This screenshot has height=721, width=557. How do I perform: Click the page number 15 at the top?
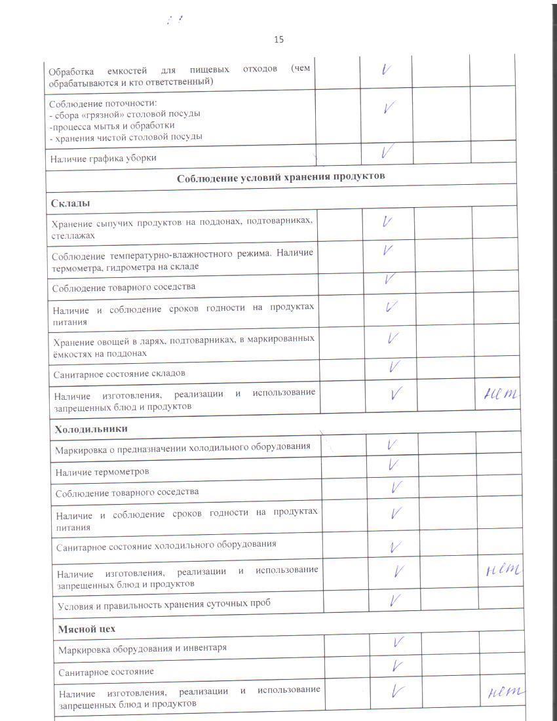point(278,39)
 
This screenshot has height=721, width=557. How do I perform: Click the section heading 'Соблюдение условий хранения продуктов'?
point(281,177)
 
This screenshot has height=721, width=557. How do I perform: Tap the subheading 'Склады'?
point(70,203)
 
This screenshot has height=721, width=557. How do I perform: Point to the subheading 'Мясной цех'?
point(86,629)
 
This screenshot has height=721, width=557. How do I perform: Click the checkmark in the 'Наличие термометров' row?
point(394,465)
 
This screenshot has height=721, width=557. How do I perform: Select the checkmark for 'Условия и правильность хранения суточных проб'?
point(396,599)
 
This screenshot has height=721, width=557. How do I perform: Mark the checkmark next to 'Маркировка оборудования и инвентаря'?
point(396,643)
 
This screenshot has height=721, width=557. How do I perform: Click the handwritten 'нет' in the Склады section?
point(501,394)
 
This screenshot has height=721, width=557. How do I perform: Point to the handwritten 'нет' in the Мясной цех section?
point(507,692)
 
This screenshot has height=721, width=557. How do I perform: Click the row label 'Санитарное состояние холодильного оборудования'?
point(166,544)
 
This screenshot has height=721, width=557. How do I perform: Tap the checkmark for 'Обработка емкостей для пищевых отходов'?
point(387,69)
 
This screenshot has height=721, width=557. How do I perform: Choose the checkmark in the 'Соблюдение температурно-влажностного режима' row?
point(388,251)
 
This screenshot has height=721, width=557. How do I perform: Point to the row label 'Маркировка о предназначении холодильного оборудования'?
point(183,448)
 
